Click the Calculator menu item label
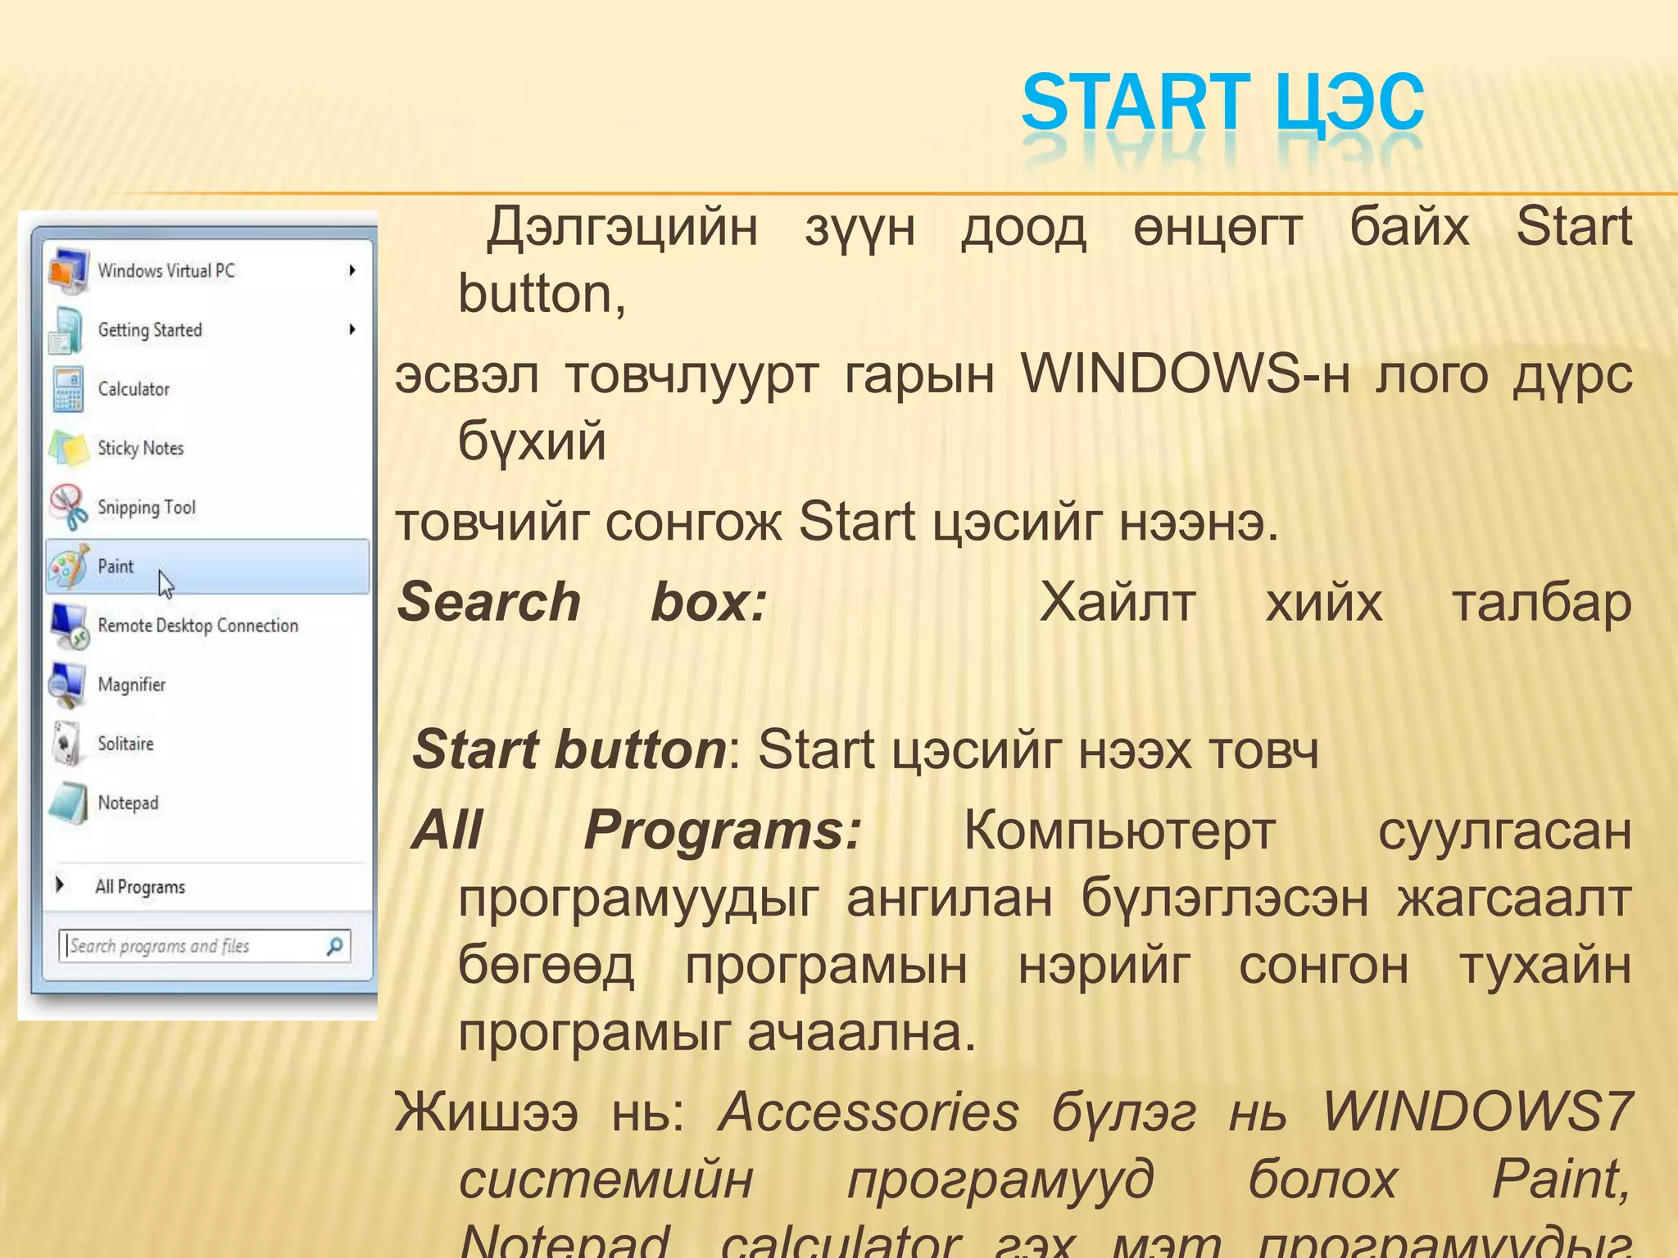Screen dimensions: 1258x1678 pyautogui.click(x=134, y=389)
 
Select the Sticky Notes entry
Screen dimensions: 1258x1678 pyautogui.click(x=140, y=448)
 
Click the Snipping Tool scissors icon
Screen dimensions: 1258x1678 pyautogui.click(x=68, y=507)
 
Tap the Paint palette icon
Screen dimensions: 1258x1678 pyautogui.click(x=68, y=567)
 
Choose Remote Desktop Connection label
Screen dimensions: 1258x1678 pyautogui.click(x=197, y=626)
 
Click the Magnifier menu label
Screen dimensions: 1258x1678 pyautogui.click(x=131, y=685)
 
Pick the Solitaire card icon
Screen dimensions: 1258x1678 pyautogui.click(x=66, y=744)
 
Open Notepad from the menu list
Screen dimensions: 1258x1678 pyautogui.click(x=128, y=803)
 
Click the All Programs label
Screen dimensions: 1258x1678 pyautogui.click(x=140, y=887)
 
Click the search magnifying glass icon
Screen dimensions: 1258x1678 pyautogui.click(x=334, y=947)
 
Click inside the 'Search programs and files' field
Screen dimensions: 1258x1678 pyautogui.click(x=188, y=947)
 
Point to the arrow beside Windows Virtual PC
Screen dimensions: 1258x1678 pyautogui.click(x=352, y=270)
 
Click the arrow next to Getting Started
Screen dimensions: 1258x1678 pyautogui.click(x=352, y=329)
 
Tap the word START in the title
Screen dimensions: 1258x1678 pyautogui.click(x=1136, y=103)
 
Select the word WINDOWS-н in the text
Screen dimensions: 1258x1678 pyautogui.click(x=1185, y=375)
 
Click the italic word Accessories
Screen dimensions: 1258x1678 pyautogui.click(x=868, y=1112)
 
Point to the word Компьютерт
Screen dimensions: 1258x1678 pyautogui.click(x=1119, y=830)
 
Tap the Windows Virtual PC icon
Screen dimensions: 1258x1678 pyautogui.click(x=68, y=270)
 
